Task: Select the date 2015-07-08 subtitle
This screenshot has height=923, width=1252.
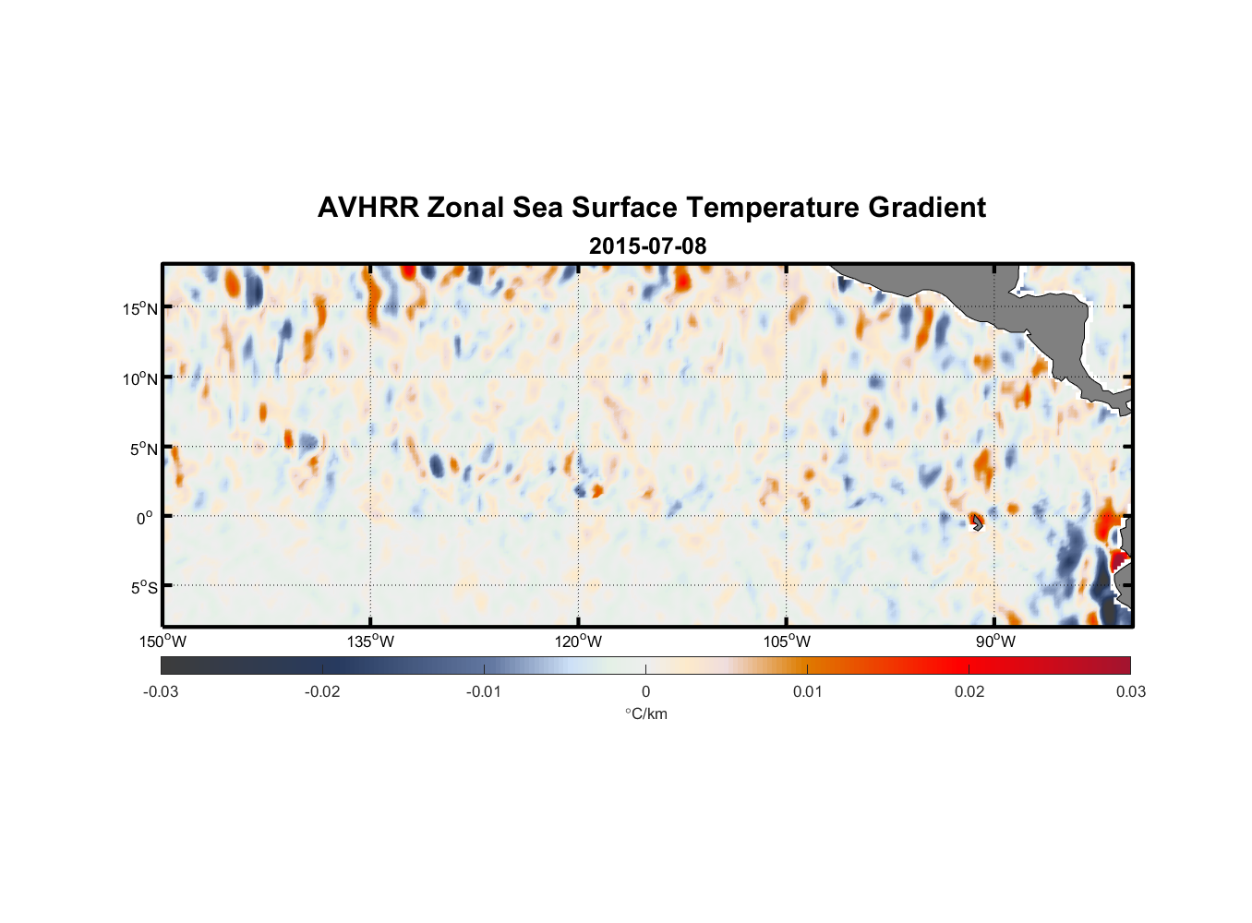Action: pos(647,246)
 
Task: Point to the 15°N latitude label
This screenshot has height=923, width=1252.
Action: pos(139,308)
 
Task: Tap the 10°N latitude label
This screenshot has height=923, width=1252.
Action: pos(139,378)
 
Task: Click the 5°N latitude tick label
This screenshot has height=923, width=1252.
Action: pos(143,449)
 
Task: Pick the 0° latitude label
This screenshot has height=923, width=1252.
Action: pos(146,518)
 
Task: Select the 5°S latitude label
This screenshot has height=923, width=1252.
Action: pos(143,588)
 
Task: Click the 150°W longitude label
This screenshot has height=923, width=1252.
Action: pos(163,641)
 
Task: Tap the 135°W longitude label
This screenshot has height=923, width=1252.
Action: pos(370,641)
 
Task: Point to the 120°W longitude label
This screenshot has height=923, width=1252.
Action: pos(578,641)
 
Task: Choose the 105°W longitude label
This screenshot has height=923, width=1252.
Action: pos(787,641)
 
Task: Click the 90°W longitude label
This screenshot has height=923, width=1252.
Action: pos(994,641)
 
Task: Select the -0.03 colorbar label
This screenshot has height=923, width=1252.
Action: pos(161,691)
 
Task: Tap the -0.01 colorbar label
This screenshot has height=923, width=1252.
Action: pos(484,691)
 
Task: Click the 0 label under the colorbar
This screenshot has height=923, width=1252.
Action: pos(645,691)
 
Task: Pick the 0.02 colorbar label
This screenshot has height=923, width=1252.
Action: pos(969,691)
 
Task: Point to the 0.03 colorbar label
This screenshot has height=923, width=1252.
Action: pos(1130,691)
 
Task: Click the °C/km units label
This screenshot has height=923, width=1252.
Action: pos(645,713)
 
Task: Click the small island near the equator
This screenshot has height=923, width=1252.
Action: pos(976,522)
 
